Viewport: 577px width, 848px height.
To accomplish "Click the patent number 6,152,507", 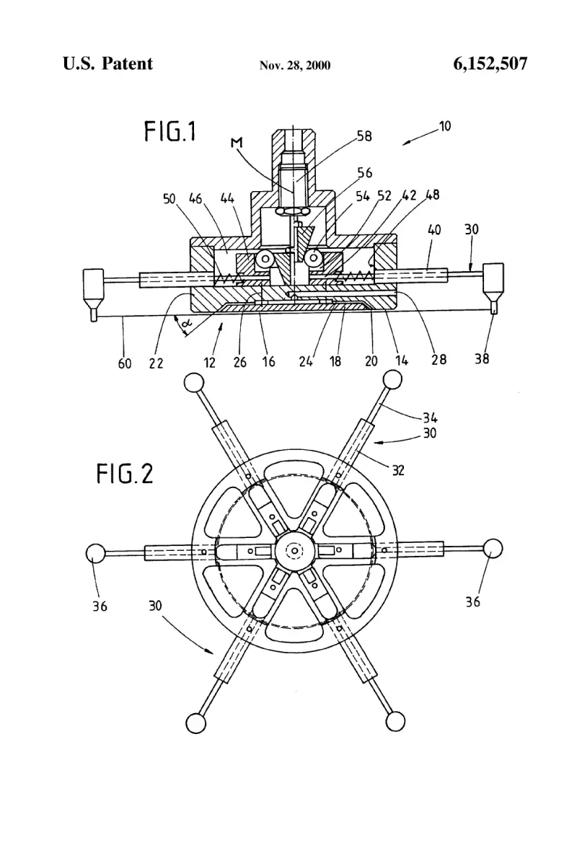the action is point(490,64).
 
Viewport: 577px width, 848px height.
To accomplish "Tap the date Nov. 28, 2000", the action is point(295,66).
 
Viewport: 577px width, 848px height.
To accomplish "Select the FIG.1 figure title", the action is point(169,132).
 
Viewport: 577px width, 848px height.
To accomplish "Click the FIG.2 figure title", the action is point(125,474).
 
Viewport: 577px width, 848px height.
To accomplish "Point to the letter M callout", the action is point(237,143).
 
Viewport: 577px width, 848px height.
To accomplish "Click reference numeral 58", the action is point(364,136).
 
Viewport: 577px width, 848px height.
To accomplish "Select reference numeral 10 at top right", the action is point(444,126).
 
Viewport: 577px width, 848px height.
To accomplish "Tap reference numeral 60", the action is point(124,363).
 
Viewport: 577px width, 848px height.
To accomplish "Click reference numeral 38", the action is point(482,358).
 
